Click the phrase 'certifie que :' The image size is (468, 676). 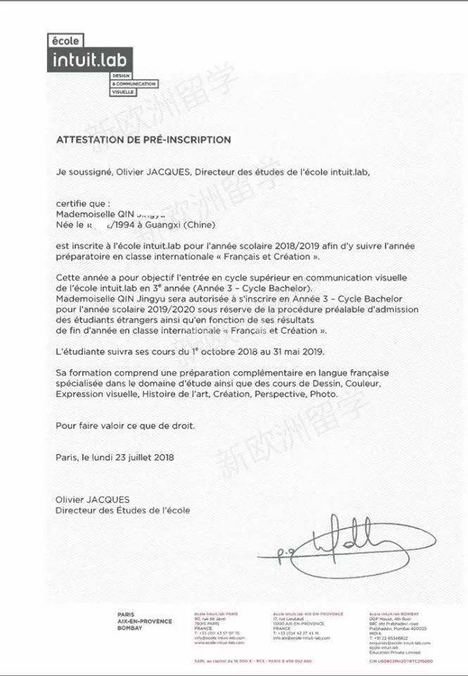coord(83,204)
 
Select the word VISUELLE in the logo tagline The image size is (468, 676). coord(124,92)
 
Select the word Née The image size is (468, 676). coord(65,225)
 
